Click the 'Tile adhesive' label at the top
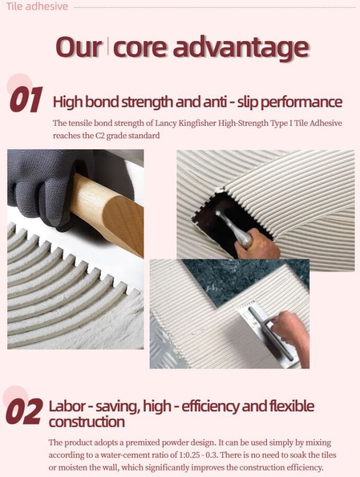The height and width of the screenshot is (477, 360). tap(37, 6)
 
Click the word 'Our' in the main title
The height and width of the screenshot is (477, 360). tap(79, 48)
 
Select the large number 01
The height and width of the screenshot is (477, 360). tap(26, 100)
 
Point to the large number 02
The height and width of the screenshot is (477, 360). tap(24, 411)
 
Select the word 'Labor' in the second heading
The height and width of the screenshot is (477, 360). tap(67, 407)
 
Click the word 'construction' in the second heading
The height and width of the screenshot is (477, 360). tap(86, 422)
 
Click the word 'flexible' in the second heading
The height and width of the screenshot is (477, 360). tap(291, 407)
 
